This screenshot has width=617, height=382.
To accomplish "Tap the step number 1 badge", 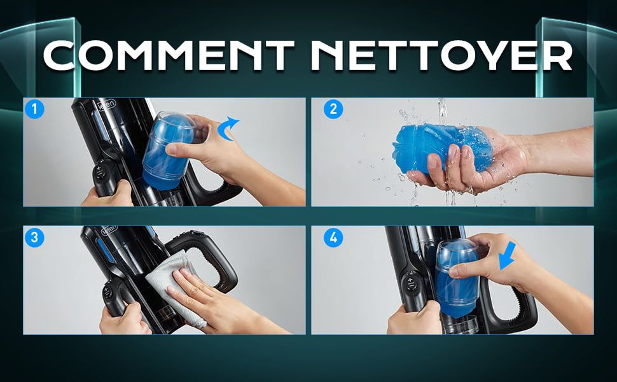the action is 34,109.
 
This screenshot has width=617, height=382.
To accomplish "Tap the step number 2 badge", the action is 333,109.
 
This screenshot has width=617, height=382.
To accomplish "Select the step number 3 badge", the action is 34,237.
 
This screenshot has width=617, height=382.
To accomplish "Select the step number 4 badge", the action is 333,237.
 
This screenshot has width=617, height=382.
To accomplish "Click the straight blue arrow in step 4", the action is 507,255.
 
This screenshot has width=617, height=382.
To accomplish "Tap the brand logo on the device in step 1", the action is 107,105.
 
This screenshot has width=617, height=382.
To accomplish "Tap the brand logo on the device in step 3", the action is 109,230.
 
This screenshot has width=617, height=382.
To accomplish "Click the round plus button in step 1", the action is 100,172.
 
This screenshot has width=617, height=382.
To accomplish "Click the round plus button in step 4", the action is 411,283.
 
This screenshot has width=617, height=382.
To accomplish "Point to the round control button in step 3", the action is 106,293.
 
